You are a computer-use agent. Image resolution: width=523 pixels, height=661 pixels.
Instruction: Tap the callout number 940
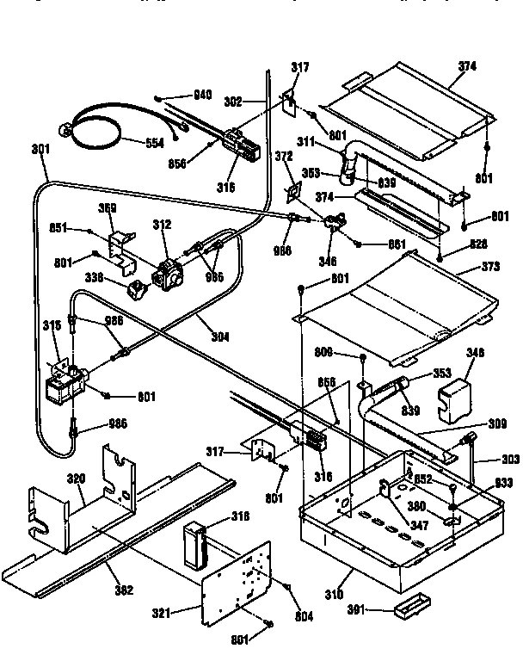[x=202, y=95]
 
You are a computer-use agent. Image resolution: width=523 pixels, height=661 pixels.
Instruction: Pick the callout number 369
[x=108, y=207]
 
